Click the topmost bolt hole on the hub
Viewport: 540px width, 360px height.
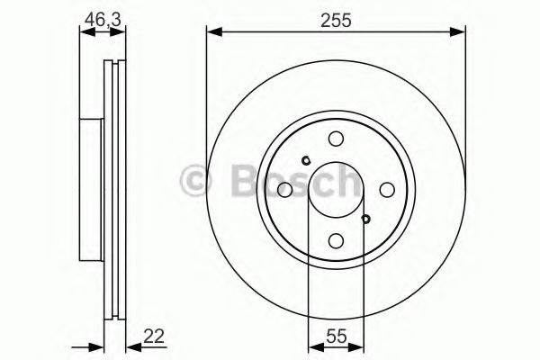pos(336,139)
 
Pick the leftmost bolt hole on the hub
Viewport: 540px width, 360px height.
pos(284,189)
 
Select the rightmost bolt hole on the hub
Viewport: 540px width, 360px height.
pos(387,189)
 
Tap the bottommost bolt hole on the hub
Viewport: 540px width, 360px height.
pos(336,240)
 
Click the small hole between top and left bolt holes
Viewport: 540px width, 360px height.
pos(307,161)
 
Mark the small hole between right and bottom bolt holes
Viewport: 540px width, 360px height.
pos(364,218)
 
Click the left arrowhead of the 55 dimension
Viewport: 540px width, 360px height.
pos(313,347)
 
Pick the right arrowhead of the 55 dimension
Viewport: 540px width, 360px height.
pos(358,347)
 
